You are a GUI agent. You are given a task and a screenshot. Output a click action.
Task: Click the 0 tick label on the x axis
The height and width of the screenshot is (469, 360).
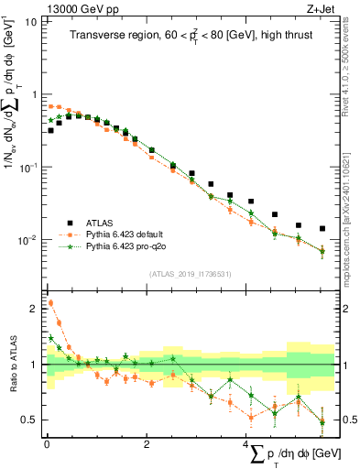[x=46, y=443]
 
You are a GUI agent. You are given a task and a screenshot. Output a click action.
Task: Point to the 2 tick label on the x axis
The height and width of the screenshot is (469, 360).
[x=147, y=443]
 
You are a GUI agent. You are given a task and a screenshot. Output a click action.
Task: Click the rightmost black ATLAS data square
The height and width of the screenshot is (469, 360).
[x=322, y=229]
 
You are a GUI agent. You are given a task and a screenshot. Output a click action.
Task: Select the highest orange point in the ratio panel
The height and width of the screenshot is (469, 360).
[x=50, y=303]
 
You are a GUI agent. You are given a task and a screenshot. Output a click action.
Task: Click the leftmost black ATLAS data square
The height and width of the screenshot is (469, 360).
[x=50, y=130]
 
